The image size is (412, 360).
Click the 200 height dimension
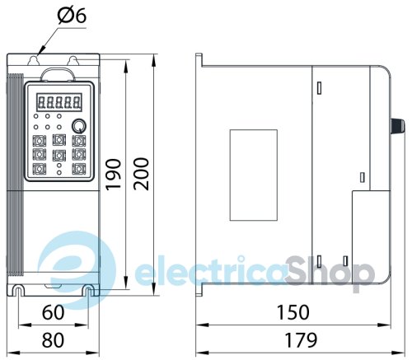(142, 173)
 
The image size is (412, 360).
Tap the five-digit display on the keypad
(59, 103)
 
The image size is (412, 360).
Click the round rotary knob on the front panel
(78, 126)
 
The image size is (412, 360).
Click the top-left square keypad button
(40, 139)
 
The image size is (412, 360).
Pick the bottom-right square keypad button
(78, 168)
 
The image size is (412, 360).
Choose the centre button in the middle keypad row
(59, 153)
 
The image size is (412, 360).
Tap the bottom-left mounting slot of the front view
(19, 289)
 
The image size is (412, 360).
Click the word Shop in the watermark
(329, 270)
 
